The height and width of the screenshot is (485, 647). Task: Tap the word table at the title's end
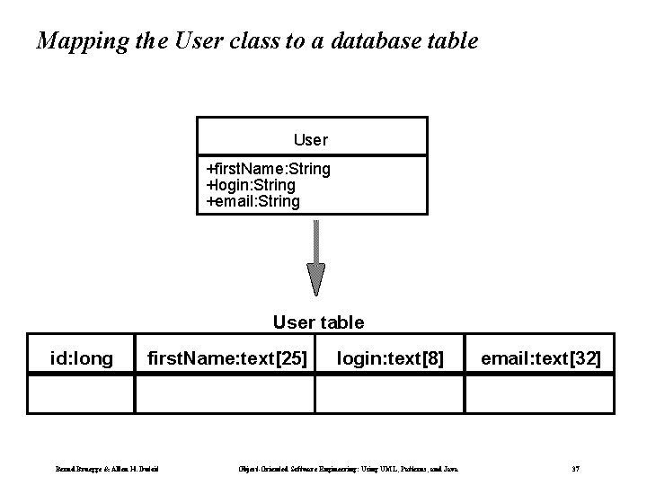pyautogui.click(x=451, y=41)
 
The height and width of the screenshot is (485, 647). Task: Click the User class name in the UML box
pyautogui.click(x=311, y=140)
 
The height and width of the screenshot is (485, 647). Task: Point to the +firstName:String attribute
pyautogui.click(x=269, y=169)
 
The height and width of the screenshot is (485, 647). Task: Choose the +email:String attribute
pyautogui.click(x=253, y=201)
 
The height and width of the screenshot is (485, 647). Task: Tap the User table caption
pyautogui.click(x=318, y=322)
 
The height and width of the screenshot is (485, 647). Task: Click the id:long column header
pyautogui.click(x=82, y=360)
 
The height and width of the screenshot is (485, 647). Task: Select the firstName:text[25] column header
pyautogui.click(x=227, y=360)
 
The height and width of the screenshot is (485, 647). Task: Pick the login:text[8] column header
pyautogui.click(x=390, y=360)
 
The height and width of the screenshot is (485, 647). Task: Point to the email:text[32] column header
pyautogui.click(x=541, y=360)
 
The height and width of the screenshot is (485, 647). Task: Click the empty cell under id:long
pyautogui.click(x=81, y=393)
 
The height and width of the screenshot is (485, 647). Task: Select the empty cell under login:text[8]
pyautogui.click(x=390, y=393)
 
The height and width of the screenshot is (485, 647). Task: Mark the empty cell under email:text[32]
pyautogui.click(x=540, y=393)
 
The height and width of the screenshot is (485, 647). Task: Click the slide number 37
pyautogui.click(x=575, y=468)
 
